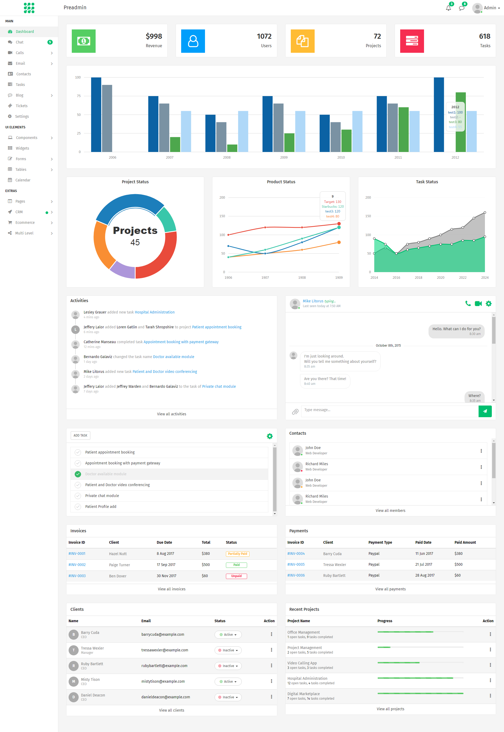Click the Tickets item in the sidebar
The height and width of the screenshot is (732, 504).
(21, 106)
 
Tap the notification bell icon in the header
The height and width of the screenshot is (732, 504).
(448, 8)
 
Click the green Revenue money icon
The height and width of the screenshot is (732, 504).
(84, 41)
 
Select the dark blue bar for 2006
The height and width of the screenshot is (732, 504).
(96, 115)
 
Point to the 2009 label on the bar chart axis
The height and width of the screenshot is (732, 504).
(284, 158)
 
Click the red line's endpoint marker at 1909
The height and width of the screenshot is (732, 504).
(339, 224)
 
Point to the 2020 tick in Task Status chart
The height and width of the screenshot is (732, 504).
(440, 278)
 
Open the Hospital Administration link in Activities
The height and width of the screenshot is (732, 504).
(154, 312)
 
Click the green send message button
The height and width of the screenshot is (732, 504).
(485, 411)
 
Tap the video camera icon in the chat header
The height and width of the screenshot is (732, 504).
(478, 304)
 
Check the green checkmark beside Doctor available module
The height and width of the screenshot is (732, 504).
(78, 474)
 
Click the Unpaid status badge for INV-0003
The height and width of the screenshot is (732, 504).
(236, 576)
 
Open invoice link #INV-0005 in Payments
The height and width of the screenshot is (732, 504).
(296, 564)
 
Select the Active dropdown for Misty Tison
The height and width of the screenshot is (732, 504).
(228, 681)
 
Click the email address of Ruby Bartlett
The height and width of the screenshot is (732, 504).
(164, 666)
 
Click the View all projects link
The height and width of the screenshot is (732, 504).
(390, 709)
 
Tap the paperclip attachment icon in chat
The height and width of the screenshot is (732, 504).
(295, 412)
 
